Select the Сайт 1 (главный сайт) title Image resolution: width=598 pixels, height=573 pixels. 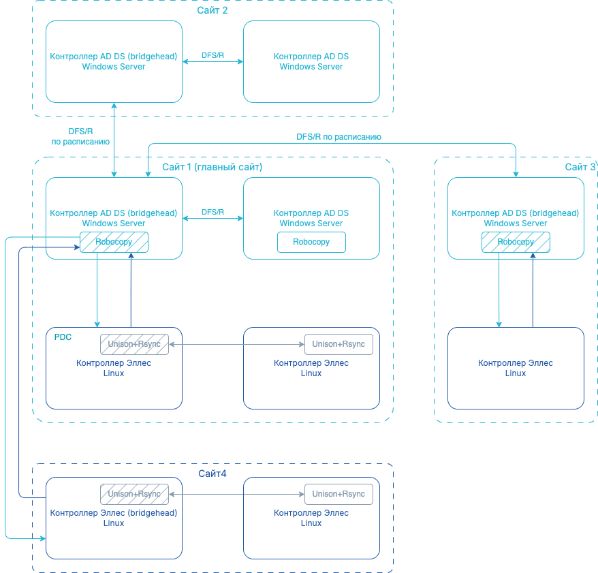[212, 167]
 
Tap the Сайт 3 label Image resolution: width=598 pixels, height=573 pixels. [580, 167]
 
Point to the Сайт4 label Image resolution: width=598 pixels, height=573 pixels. [213, 474]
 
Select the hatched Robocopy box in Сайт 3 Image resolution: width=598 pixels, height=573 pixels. [515, 242]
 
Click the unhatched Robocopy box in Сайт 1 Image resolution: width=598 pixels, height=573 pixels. [311, 242]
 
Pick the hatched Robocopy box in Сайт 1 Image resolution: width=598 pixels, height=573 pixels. [114, 242]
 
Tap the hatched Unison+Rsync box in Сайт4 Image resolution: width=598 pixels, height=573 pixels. [134, 494]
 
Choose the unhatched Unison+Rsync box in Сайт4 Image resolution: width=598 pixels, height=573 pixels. [339, 494]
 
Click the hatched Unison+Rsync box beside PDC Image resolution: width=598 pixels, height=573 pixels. [134, 344]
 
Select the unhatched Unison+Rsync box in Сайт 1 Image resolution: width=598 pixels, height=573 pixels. [339, 344]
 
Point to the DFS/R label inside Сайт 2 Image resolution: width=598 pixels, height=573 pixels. [213, 55]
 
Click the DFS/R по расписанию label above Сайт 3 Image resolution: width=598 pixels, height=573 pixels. [339, 137]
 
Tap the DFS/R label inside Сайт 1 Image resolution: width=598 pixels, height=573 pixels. [213, 213]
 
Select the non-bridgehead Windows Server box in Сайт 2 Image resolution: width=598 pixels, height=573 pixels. [311, 62]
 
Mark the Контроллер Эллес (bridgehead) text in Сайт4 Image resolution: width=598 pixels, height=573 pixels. [114, 513]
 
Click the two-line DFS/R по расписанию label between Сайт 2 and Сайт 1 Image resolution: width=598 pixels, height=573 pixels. [80, 136]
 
